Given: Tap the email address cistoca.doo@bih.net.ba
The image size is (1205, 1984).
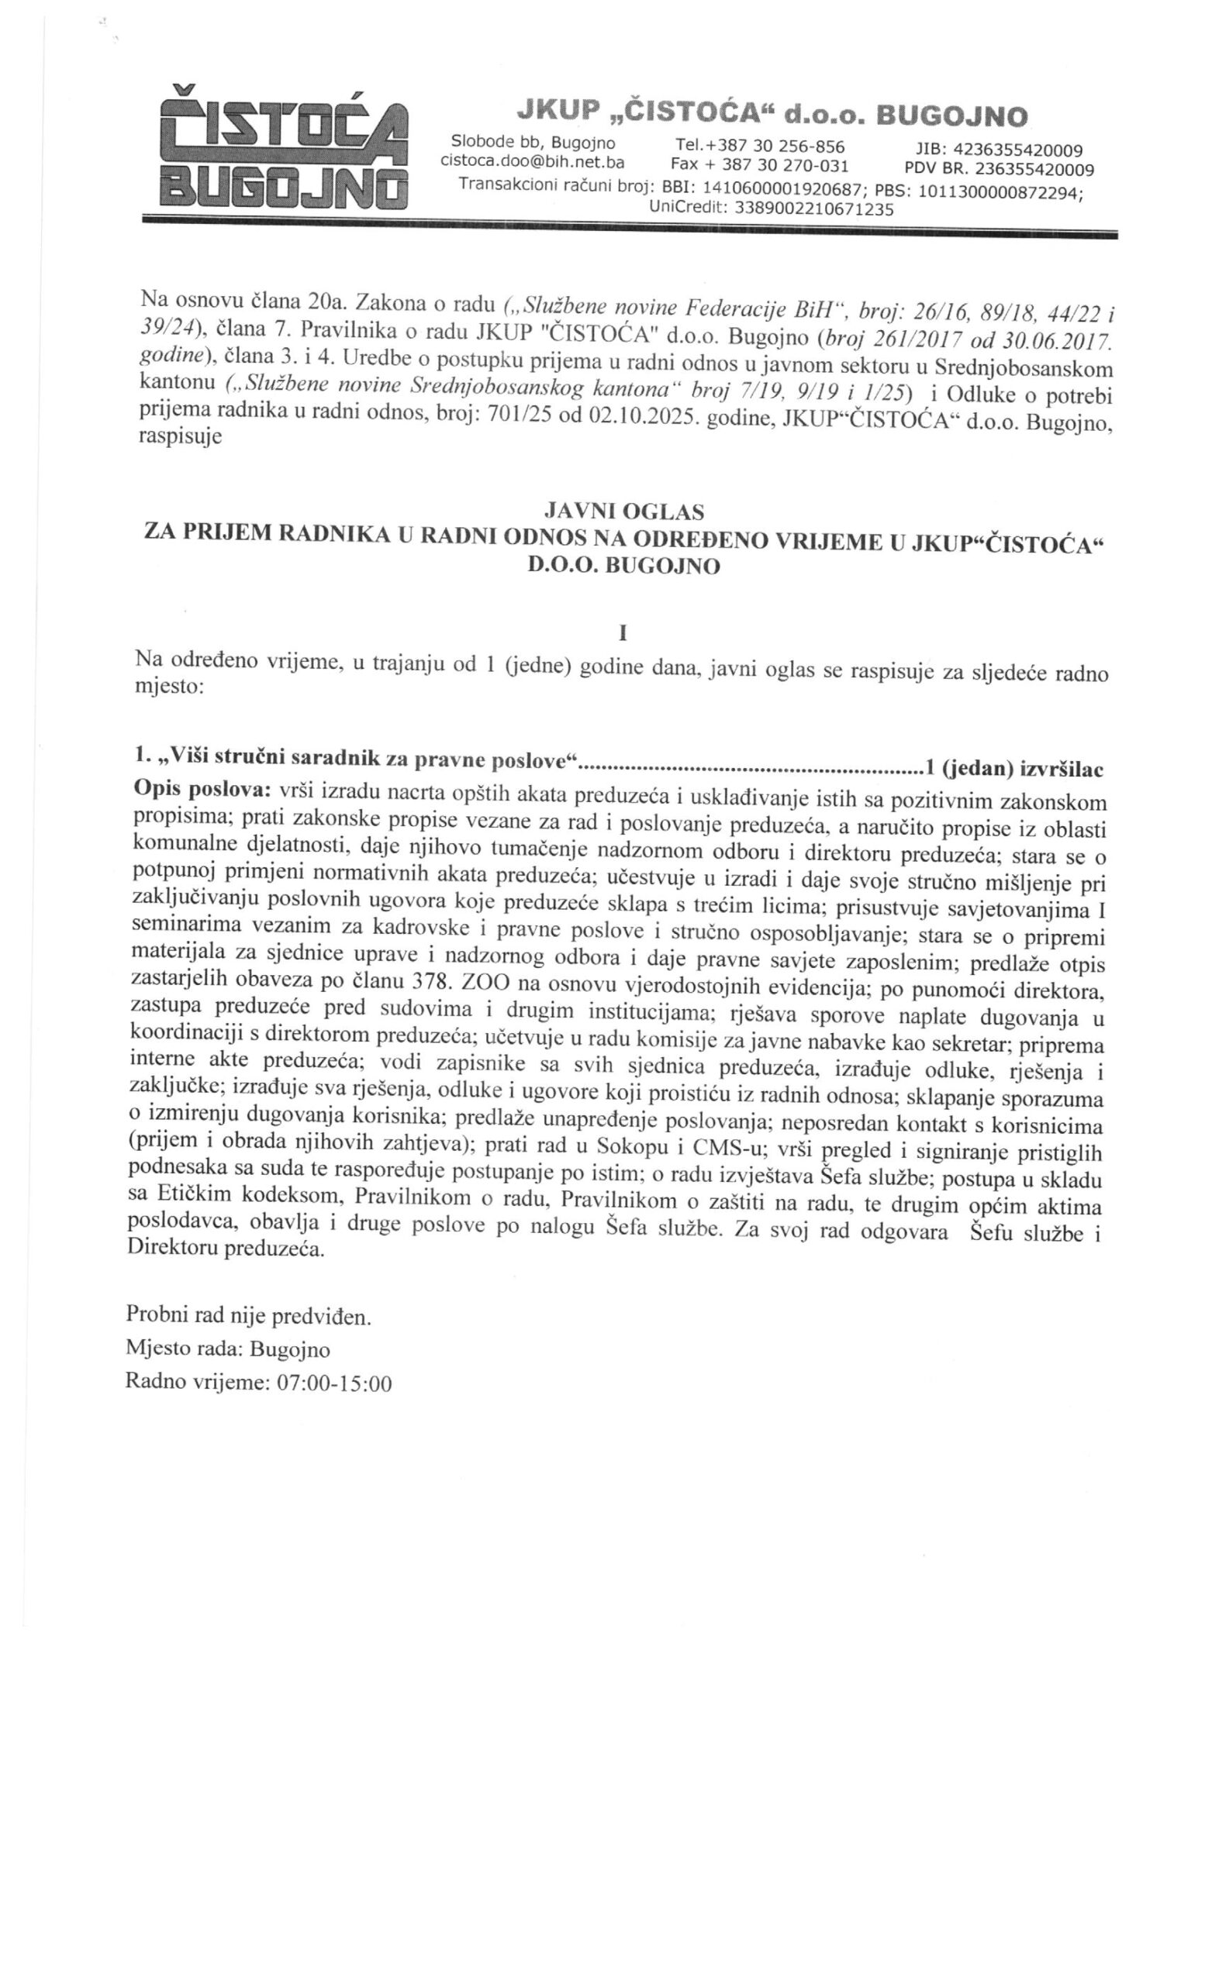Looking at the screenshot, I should pos(533,161).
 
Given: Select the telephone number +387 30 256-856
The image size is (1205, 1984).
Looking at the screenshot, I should pos(760,146).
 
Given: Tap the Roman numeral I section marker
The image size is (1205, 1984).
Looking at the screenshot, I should pos(622,634).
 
